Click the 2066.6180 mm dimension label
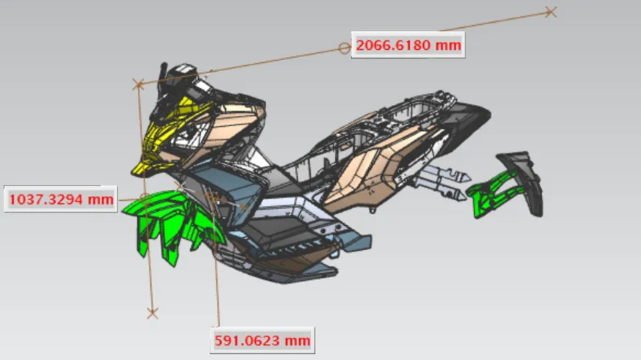click(x=408, y=45)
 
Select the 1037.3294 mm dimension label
click(x=61, y=199)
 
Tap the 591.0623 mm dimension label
click(x=263, y=340)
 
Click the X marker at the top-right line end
click(x=551, y=12)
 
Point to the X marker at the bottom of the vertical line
click(x=153, y=314)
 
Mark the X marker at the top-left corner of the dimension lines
click(x=139, y=84)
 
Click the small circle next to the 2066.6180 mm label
click(x=345, y=48)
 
